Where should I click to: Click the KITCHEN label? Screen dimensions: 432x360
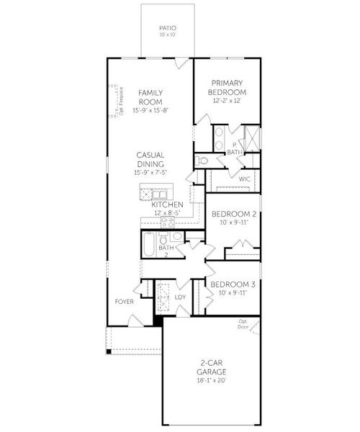166,205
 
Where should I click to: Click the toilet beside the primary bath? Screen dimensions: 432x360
203,161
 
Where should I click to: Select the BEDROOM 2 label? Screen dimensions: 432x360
234,214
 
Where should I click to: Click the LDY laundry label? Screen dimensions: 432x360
180,297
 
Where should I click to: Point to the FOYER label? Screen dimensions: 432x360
124,302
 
